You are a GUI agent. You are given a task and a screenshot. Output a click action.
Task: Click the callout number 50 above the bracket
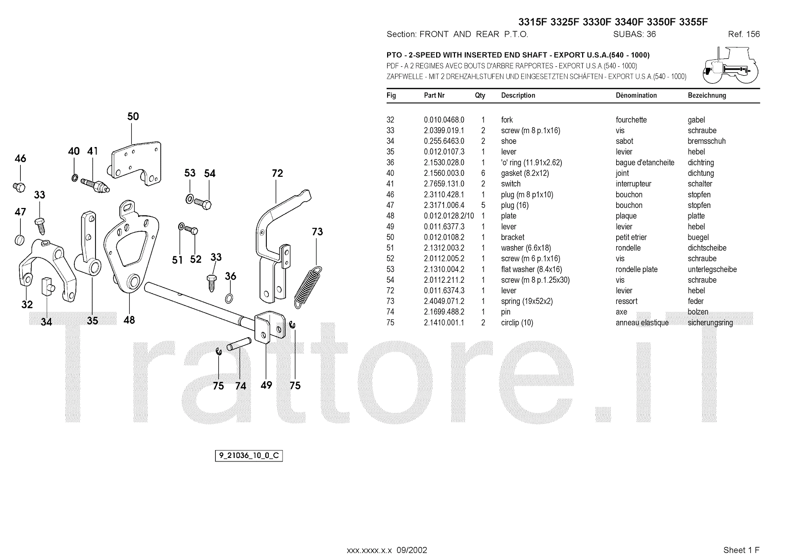(x=133, y=117)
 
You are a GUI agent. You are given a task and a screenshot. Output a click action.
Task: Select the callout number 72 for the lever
(x=277, y=173)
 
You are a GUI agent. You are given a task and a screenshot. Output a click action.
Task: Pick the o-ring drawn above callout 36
(x=230, y=298)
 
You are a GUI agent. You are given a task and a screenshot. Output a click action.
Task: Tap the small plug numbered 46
(x=19, y=187)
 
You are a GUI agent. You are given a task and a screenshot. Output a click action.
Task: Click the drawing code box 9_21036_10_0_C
(x=248, y=456)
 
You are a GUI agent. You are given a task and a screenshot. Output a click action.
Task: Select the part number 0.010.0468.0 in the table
(x=444, y=120)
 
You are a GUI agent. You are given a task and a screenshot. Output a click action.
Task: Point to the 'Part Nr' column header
(x=434, y=96)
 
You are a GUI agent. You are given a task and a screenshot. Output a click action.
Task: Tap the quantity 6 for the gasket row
(x=483, y=173)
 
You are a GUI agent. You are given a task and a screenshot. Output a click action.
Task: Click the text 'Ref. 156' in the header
(x=743, y=34)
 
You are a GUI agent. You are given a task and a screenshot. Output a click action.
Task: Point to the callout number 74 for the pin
(x=241, y=386)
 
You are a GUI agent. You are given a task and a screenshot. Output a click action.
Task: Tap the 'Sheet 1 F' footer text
(x=741, y=550)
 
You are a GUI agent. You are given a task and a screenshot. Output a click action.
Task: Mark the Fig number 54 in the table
(x=391, y=280)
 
